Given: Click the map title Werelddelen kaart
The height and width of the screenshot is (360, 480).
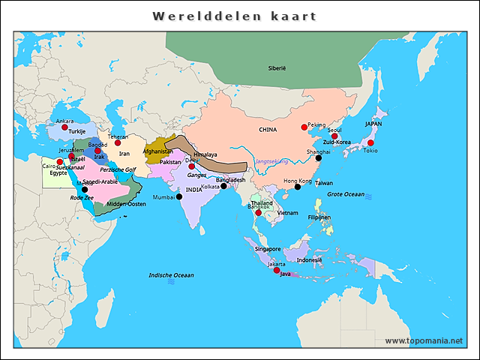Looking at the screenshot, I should click(x=234, y=16).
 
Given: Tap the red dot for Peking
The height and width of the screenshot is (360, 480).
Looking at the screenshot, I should click(x=304, y=127).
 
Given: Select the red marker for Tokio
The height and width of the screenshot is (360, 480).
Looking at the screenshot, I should click(x=370, y=142).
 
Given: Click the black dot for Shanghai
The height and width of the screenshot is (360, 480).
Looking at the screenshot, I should click(x=318, y=158).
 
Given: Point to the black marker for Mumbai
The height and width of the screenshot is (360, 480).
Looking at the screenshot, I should click(x=179, y=197).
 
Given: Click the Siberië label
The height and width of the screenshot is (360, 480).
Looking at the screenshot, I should click(x=277, y=68).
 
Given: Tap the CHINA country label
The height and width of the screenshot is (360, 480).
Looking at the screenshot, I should click(x=268, y=130).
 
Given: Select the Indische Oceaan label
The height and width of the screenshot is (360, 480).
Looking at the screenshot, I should click(x=171, y=275).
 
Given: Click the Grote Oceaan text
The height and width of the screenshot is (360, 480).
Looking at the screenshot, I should click(x=345, y=194).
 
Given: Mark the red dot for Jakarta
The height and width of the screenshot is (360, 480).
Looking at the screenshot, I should click(x=276, y=270).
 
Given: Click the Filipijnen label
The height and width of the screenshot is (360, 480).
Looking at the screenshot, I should click(x=319, y=217).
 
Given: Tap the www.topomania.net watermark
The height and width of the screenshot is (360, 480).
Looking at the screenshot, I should click(x=424, y=340).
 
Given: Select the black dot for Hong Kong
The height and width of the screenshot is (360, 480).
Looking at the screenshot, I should click(x=297, y=187).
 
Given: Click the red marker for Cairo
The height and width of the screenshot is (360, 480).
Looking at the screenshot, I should click(x=60, y=162).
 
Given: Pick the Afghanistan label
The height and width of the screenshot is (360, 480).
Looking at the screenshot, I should click(x=157, y=151).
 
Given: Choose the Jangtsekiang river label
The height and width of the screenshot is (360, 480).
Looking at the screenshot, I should click(x=271, y=161).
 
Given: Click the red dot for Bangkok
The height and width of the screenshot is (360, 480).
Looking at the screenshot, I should click(x=258, y=213).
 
